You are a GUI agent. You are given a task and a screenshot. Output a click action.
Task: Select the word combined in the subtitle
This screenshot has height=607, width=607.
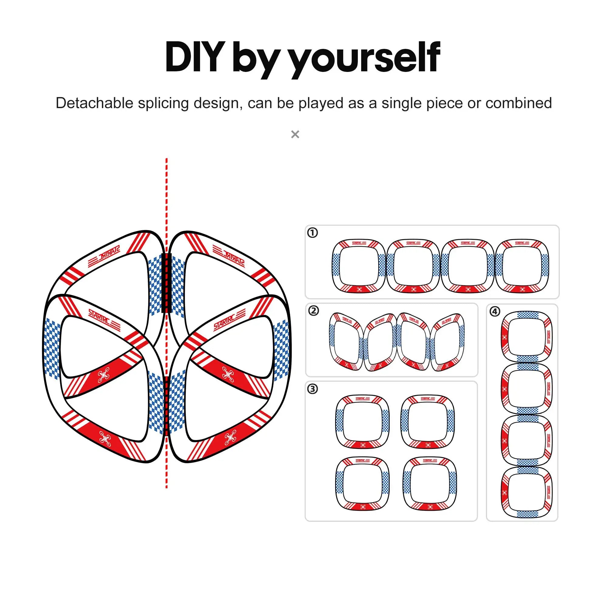coord(518,103)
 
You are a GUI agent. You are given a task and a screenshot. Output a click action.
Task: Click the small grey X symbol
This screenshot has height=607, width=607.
coord(295,134)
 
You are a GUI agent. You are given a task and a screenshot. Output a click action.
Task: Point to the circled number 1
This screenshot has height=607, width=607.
coord(312,233)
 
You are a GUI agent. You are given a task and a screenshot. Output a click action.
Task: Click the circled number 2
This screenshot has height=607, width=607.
coord(313,311)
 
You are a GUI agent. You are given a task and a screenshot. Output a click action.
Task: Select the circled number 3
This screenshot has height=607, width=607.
coord(312,389)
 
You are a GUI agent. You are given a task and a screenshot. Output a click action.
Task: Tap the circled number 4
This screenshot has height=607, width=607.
coord(495,311)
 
